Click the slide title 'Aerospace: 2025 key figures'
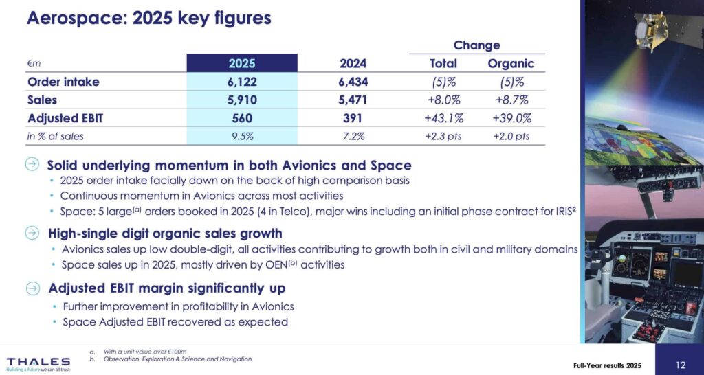pos(148,18)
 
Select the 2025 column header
pos(242,64)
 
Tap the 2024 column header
pos(353,64)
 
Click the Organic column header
pos(511,64)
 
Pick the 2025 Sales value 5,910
pos(242,100)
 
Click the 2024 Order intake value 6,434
pos(353,82)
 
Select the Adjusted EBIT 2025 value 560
pos(242,118)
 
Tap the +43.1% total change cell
pos(443,118)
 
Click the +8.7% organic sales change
pos(511,100)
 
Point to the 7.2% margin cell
pos(353,136)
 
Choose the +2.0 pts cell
pos(511,136)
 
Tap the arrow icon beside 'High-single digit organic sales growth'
pos(32,232)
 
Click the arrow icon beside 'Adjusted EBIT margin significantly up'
pos(32,288)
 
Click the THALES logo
pos(38,362)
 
